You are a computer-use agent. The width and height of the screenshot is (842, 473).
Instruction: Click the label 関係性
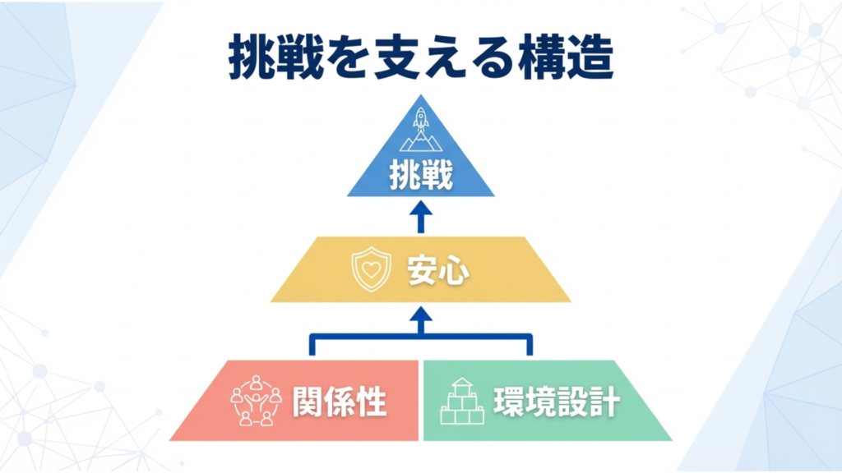340,402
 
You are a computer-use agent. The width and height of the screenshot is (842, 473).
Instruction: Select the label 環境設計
557,402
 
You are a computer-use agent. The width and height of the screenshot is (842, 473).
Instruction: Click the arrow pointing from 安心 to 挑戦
421,217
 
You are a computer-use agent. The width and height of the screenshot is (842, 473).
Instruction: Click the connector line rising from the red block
312,345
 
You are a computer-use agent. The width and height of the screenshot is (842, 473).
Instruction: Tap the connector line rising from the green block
530,345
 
